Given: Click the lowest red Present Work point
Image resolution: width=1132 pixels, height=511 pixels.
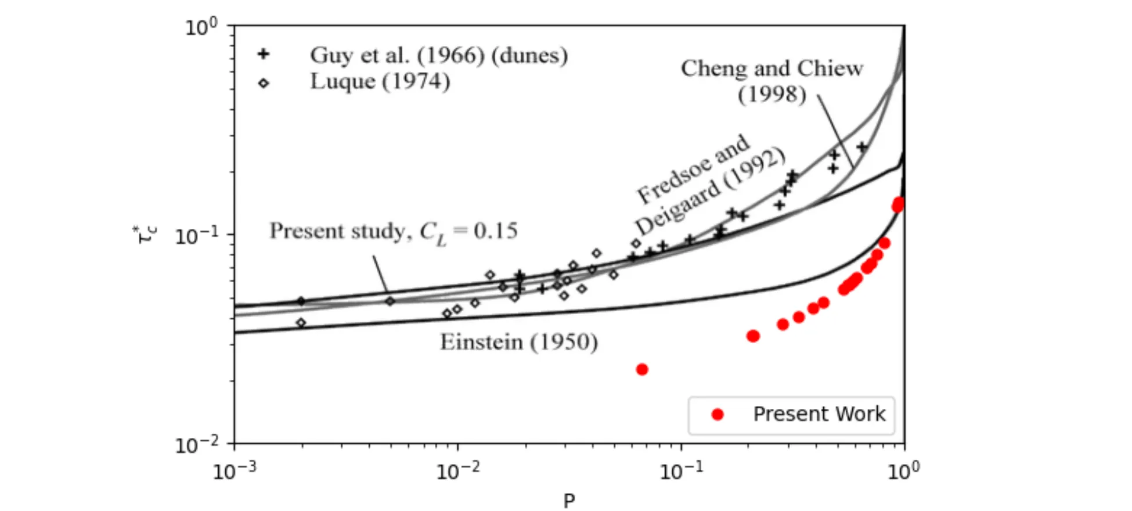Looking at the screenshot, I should (641, 369).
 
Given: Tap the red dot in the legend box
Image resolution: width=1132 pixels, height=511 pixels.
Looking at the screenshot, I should (718, 414).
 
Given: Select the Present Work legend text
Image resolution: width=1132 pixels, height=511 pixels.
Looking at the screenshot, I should (819, 414).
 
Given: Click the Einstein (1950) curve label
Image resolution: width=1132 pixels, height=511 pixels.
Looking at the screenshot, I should (518, 342).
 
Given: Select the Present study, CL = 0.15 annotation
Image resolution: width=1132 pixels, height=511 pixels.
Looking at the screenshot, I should (393, 232).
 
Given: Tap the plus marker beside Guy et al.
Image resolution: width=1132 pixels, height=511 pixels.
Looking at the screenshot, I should (264, 54).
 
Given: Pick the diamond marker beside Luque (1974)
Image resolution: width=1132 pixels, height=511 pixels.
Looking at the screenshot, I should (264, 83).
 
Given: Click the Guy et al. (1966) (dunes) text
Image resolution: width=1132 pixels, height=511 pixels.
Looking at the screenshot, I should (439, 55).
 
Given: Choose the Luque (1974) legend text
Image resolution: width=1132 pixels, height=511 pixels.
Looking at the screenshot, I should (380, 81).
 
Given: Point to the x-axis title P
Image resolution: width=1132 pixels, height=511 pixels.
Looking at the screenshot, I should (569, 500).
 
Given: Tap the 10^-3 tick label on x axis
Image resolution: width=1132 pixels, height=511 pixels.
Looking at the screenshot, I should (234, 470).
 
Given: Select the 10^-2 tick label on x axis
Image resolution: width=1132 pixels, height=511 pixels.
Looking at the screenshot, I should (457, 470).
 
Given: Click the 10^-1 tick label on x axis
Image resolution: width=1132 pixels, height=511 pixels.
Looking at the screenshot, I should (681, 470).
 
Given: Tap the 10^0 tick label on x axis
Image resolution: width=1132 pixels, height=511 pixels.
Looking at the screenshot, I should (904, 470).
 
